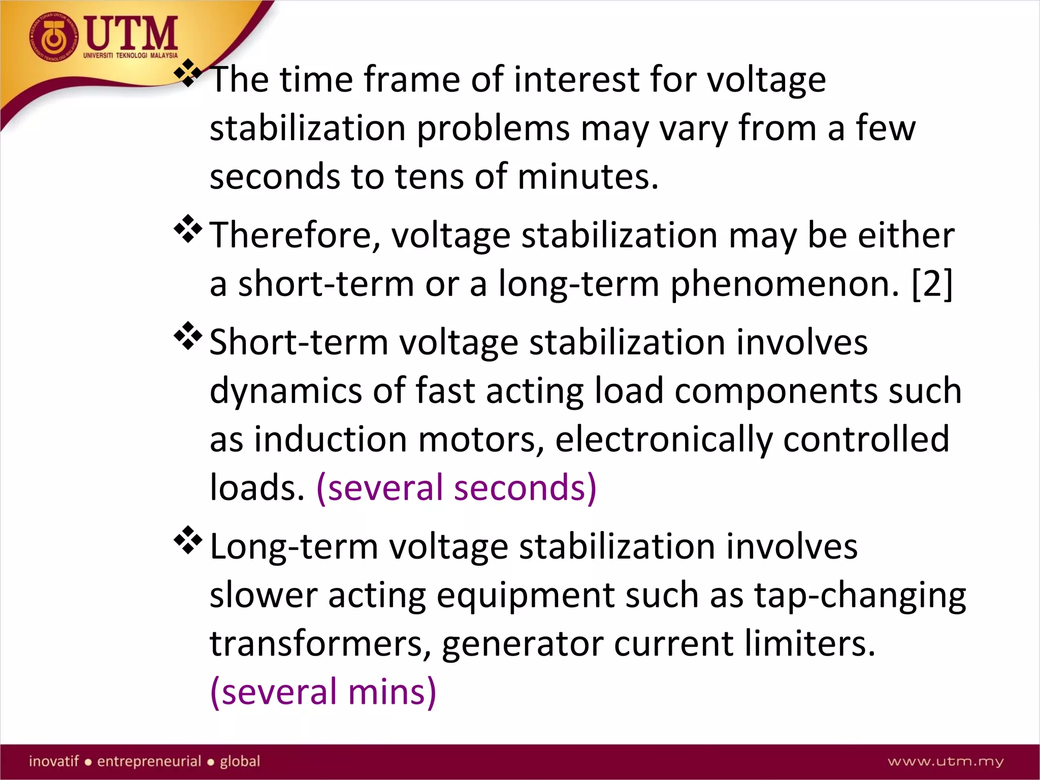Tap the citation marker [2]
932,284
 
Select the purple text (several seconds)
456,487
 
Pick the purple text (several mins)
323,692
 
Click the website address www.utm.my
946,761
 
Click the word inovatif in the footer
54,761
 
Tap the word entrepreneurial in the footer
149,761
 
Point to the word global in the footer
240,761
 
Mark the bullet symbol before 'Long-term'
188,540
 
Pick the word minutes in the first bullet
588,177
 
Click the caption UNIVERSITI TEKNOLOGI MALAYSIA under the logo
131,55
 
